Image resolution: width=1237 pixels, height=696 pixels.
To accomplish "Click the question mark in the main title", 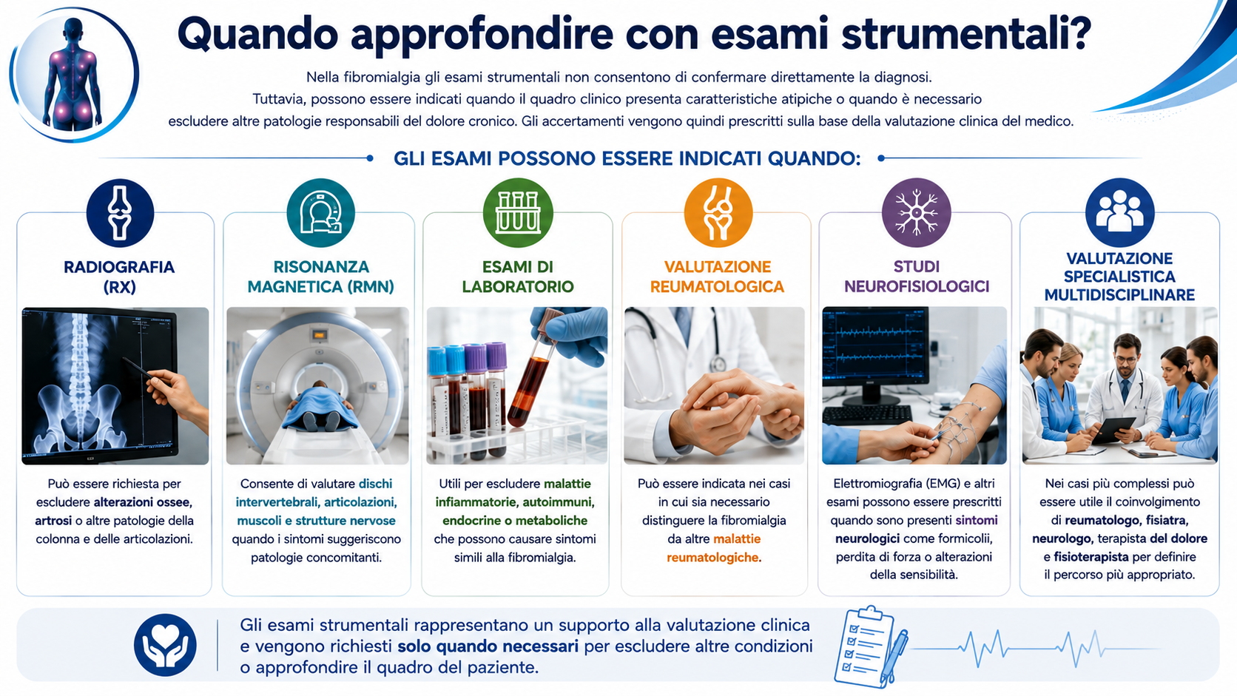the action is (1075, 33).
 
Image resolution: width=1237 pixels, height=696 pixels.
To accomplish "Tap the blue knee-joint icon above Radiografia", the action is (119, 212).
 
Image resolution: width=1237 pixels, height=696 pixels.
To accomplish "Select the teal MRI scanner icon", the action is (320, 212).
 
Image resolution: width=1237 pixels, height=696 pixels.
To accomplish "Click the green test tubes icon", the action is (517, 212).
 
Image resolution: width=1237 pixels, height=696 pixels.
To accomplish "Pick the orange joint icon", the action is (718, 212).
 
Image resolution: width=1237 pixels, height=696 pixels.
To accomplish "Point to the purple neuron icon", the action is (916, 212).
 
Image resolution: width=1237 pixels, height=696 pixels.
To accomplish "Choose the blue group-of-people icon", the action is (1119, 212).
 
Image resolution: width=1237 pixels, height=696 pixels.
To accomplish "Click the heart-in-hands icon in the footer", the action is (165, 645).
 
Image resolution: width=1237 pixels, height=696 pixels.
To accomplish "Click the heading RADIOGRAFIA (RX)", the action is (119, 277).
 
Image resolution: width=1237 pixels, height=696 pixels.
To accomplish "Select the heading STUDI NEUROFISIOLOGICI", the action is (916, 277).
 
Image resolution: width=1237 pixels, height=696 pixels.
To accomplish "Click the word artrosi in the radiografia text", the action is (53, 521).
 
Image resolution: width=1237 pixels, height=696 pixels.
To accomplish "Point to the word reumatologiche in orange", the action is (713, 558).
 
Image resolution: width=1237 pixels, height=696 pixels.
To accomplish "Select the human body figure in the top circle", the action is (73, 75).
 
